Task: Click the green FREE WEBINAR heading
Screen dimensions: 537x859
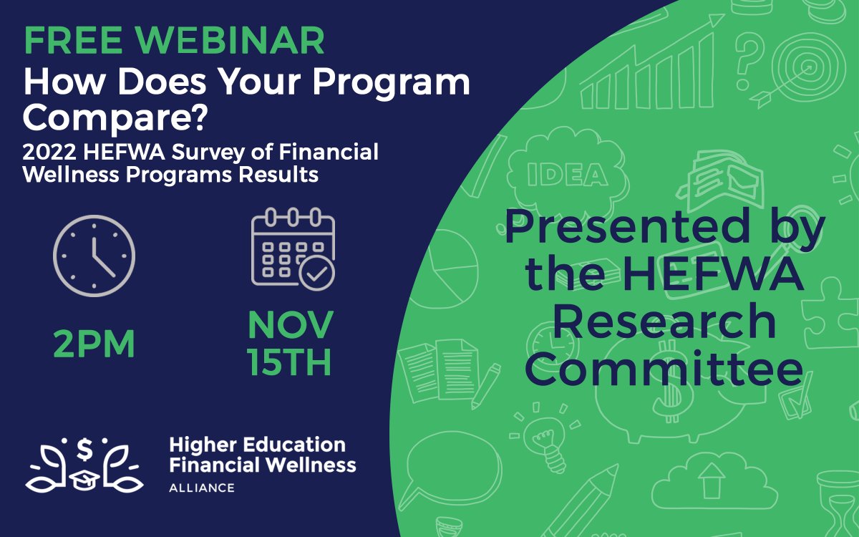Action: point(174,42)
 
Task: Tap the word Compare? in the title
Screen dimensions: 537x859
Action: point(115,117)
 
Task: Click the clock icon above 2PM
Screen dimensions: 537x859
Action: point(94,256)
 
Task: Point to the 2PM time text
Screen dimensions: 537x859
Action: point(94,345)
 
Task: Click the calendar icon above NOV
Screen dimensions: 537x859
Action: point(293,248)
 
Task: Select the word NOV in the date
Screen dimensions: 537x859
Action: point(291,325)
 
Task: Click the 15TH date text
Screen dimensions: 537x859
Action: point(290,362)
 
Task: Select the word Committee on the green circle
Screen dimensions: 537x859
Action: point(665,369)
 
